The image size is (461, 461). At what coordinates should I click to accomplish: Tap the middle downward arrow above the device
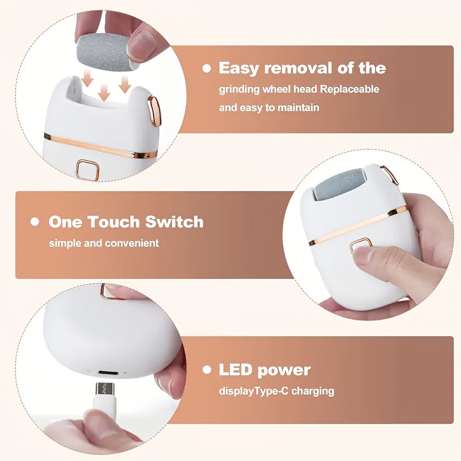[103, 91]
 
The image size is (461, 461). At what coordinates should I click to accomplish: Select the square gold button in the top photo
[88, 170]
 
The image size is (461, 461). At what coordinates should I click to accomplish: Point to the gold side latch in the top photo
[154, 110]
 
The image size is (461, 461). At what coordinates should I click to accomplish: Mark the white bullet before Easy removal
[207, 69]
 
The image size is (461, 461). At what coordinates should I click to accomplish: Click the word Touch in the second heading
[113, 222]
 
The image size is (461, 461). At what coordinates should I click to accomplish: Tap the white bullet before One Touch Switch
[36, 222]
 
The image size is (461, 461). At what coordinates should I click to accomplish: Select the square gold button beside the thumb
[361, 247]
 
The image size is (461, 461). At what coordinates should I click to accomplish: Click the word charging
[313, 391]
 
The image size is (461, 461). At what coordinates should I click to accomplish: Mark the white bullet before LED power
[207, 370]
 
